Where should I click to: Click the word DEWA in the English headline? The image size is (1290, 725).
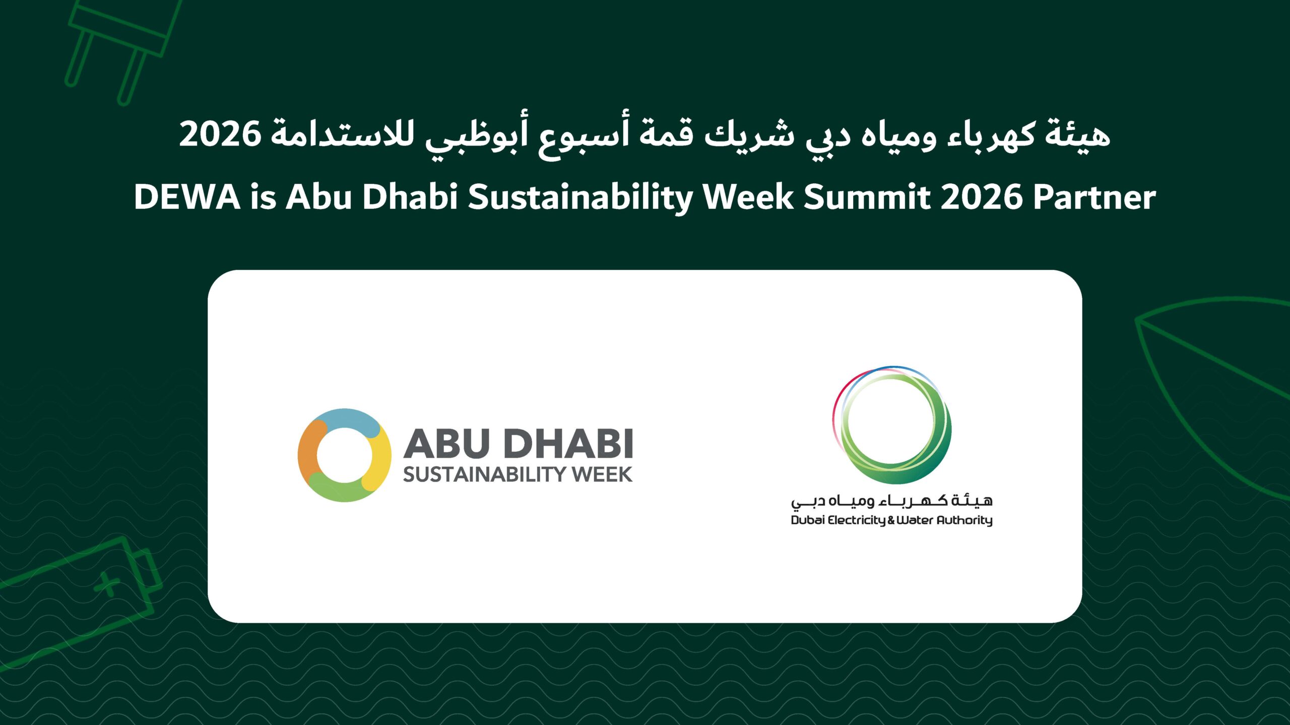187,196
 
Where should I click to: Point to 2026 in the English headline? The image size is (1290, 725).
982,197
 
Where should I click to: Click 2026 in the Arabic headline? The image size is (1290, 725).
220,134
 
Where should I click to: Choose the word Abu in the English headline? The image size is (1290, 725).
318,196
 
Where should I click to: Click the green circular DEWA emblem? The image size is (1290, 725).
892,425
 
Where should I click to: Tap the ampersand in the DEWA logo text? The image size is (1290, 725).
891,520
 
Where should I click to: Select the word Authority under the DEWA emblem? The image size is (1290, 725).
964,520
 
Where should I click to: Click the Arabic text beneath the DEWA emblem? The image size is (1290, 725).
892,501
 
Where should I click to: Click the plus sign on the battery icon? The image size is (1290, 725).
107,585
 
